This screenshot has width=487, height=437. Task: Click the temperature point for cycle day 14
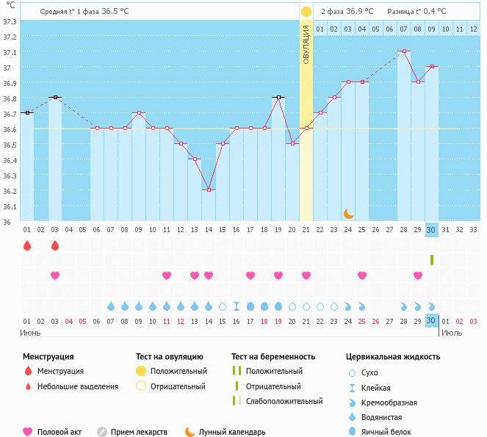pos(209,189)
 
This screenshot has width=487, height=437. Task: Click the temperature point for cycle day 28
pos(404,51)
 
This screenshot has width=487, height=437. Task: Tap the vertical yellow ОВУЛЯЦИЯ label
pos(306,43)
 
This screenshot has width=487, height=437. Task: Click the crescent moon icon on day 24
pos(349,213)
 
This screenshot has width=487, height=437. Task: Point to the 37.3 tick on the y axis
pos(10,21)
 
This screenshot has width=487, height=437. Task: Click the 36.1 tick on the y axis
pos(10,206)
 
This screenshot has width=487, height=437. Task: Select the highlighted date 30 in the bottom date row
pos(432,320)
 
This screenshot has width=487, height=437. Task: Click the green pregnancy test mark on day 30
pos(432,259)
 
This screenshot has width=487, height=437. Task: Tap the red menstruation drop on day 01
pos(27,245)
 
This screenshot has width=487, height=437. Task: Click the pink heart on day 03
pos(54,275)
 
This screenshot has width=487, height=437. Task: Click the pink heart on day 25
pos(362,275)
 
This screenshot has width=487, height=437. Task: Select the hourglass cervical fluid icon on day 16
pos(237,306)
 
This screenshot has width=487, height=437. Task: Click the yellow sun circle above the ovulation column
pos(306,12)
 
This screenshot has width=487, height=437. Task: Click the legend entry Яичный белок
pos(392,432)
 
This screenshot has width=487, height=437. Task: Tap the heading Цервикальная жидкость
pos(393,357)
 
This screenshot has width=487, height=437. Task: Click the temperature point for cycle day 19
pos(278,97)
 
